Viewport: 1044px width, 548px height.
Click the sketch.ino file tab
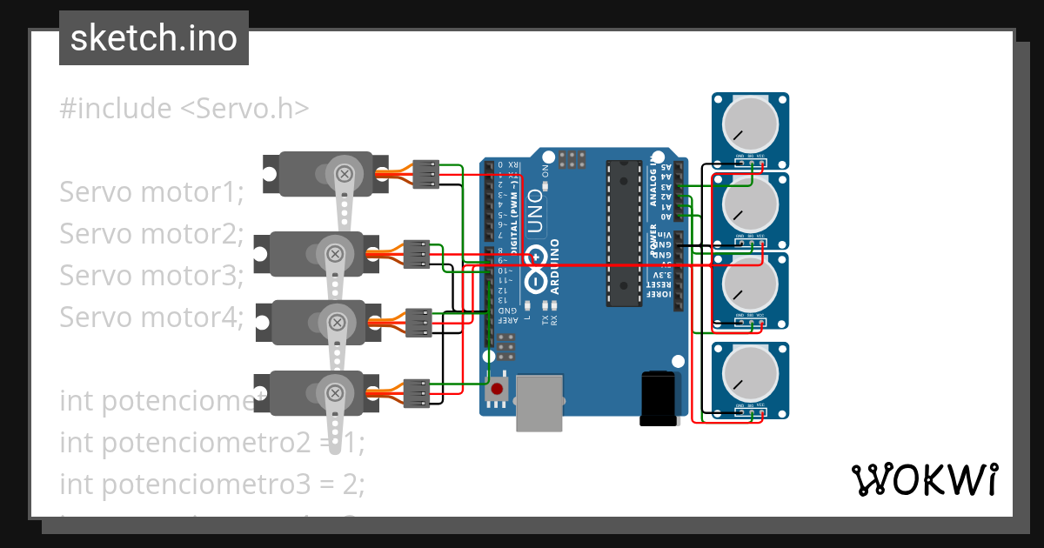coord(154,38)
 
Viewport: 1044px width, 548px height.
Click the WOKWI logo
coord(924,479)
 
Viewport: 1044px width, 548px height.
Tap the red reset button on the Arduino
coord(498,390)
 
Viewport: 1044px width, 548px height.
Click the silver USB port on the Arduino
coord(539,402)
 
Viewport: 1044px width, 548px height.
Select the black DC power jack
coord(658,398)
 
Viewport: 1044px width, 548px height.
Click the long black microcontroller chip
coord(622,233)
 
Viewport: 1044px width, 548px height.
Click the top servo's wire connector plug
coord(425,174)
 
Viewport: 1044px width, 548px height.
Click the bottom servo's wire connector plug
coord(417,392)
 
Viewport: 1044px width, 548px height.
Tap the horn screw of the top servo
coord(345,174)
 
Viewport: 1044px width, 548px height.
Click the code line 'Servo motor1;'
coord(151,192)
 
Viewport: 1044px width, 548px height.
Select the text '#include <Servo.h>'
coord(184,109)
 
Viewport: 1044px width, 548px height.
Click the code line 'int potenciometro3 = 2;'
coord(211,483)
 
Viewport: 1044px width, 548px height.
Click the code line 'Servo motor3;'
coord(151,276)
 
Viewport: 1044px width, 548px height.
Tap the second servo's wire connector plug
coord(417,253)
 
